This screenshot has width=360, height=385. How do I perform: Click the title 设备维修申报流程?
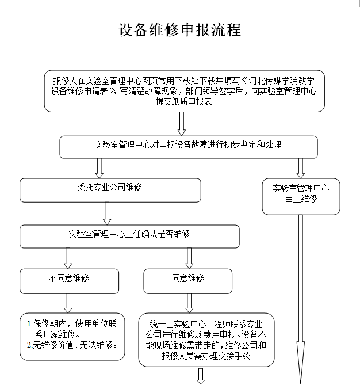click(180, 30)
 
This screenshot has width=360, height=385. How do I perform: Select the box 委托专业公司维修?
click(110, 190)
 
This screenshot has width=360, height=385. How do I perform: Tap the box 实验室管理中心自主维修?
click(301, 196)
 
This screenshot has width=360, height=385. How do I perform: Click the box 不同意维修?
click(69, 281)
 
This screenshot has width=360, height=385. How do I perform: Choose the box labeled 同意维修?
click(187, 281)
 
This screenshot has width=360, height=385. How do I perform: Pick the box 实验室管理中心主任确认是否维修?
click(129, 236)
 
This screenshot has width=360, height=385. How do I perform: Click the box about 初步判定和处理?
click(189, 147)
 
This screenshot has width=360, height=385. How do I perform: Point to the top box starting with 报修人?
click(184, 91)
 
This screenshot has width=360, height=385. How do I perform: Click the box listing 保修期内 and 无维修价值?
click(72, 337)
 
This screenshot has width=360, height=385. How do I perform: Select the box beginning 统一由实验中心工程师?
click(206, 340)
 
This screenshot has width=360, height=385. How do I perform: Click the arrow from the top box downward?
click(182, 124)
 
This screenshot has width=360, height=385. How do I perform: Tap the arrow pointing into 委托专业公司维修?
click(99, 168)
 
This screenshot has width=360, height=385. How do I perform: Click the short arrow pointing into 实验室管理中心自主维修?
click(301, 168)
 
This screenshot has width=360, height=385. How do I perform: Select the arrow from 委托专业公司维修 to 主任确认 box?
click(107, 214)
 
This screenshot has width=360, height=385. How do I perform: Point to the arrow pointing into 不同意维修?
click(68, 258)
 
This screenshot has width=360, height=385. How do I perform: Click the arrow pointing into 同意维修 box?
click(189, 258)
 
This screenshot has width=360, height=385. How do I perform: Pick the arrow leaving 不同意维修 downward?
click(68, 303)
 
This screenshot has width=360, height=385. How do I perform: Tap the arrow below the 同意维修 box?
click(189, 303)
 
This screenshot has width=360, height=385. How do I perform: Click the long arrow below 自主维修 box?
click(301, 300)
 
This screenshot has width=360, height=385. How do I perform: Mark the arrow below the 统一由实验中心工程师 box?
click(201, 376)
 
